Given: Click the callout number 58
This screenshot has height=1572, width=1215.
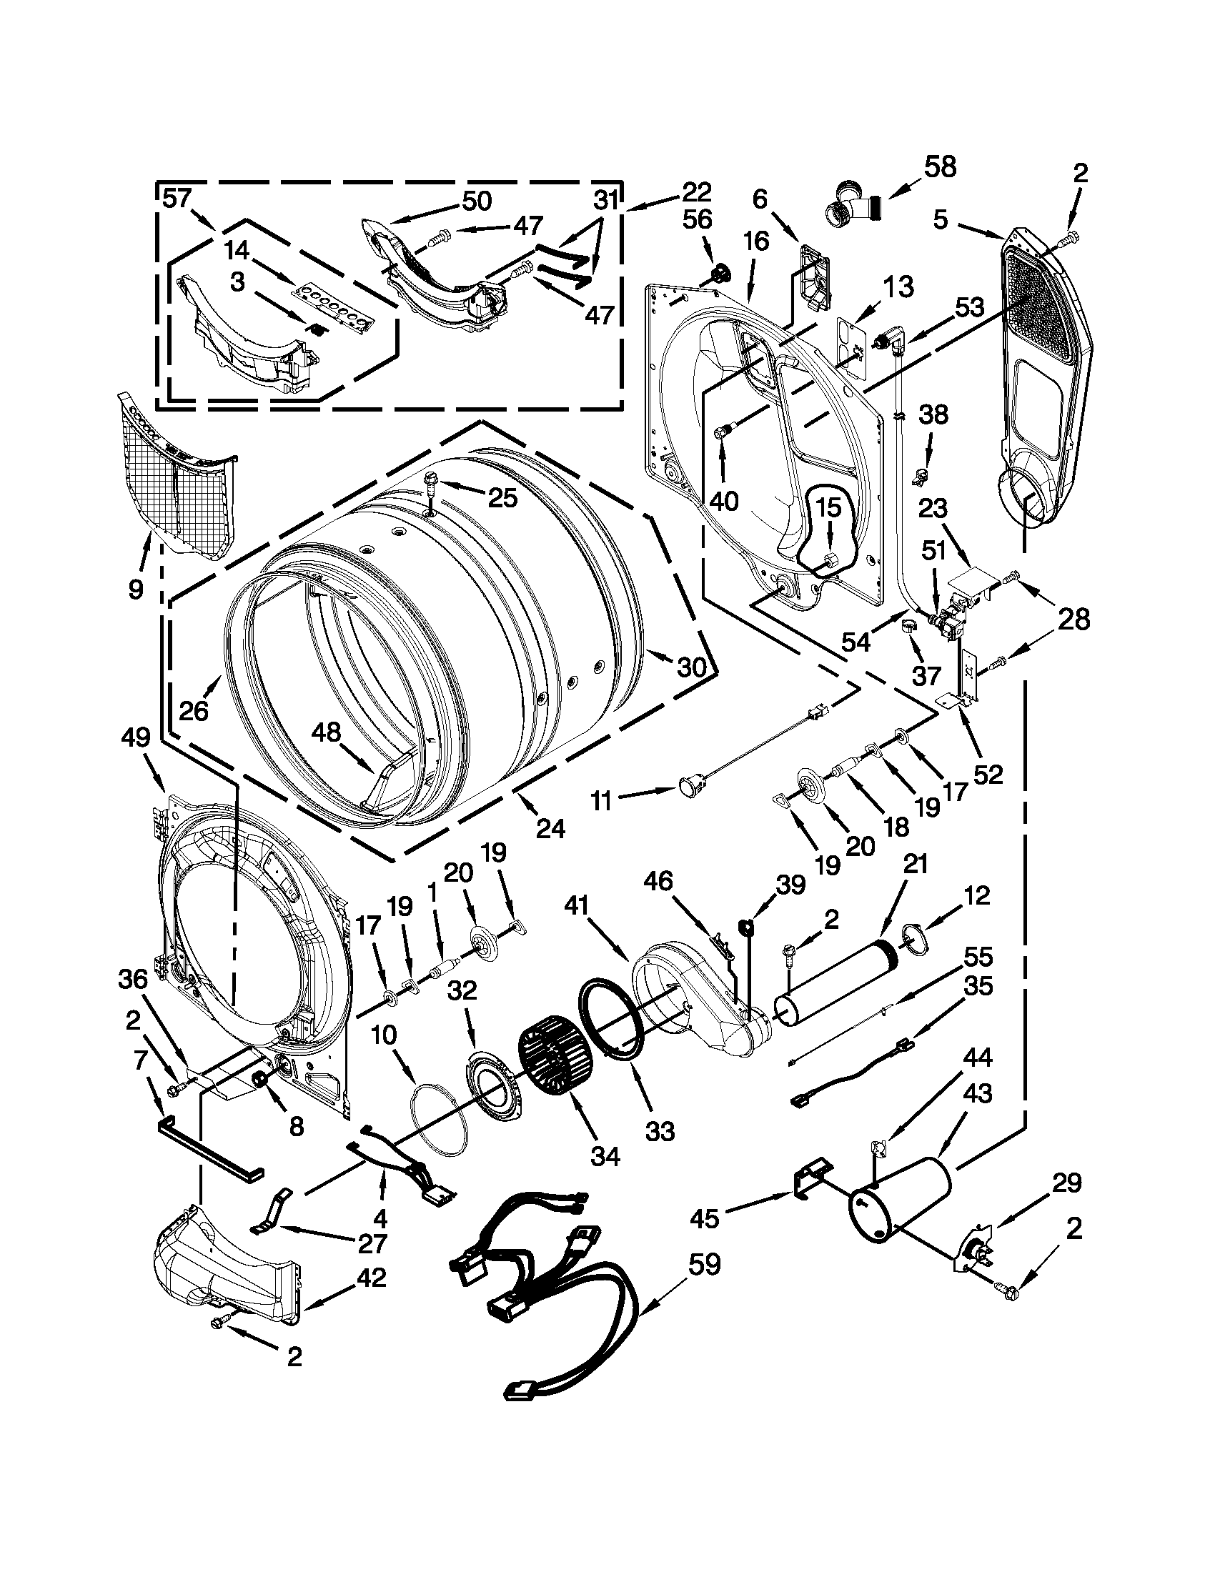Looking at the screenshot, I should pyautogui.click(x=940, y=167).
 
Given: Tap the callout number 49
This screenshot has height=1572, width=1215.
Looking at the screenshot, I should pyautogui.click(x=136, y=737).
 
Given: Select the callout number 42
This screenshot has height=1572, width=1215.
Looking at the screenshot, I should pyautogui.click(x=372, y=1278).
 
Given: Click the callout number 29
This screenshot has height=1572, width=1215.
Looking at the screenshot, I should pyautogui.click(x=1066, y=1183).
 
